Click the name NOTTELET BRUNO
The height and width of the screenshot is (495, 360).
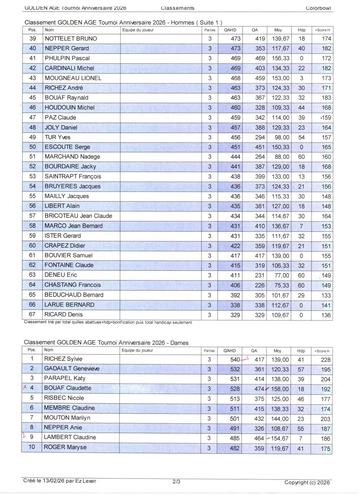[x=71, y=39]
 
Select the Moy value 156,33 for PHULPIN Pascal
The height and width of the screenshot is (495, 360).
[x=281, y=58]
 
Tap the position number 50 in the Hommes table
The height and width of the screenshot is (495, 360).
[x=33, y=147]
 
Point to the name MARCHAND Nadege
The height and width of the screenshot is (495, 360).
[x=72, y=157]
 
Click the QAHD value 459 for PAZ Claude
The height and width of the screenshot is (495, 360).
[x=236, y=118]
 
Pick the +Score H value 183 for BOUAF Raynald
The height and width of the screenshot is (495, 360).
[x=326, y=98]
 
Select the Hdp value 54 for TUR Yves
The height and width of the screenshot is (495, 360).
[x=301, y=137]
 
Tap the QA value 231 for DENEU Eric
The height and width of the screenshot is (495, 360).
[x=260, y=275]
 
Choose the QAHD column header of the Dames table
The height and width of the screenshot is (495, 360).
[x=230, y=351]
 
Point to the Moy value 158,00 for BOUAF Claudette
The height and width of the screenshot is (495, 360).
[x=280, y=389]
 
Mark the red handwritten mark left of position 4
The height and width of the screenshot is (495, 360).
[x=25, y=387]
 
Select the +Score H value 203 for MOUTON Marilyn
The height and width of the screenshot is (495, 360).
[x=326, y=419]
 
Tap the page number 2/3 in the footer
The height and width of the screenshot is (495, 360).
[x=176, y=482]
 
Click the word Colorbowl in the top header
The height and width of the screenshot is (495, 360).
[x=318, y=8]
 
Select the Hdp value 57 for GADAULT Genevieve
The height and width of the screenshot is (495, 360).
[x=301, y=370]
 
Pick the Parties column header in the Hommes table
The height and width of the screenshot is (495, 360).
[x=210, y=30]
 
